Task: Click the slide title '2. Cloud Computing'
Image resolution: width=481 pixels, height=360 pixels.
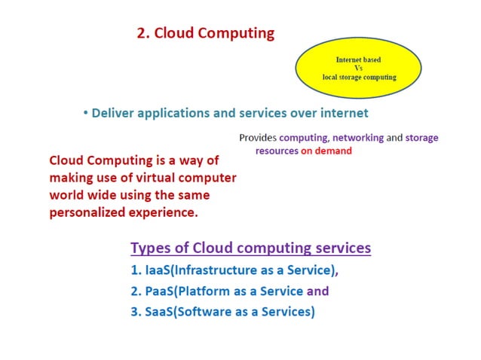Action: pyautogui.click(x=205, y=34)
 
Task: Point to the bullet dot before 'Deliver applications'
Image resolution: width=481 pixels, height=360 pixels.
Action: pyautogui.click(x=86, y=114)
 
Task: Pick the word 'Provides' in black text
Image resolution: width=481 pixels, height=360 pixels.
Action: pyautogui.click(x=258, y=138)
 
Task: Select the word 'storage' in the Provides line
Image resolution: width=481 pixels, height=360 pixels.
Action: pyautogui.click(x=421, y=138)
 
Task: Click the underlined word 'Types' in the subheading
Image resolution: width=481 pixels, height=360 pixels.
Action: pyautogui.click(x=149, y=248)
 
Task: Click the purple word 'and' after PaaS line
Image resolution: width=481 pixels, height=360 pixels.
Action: pyautogui.click(x=318, y=291)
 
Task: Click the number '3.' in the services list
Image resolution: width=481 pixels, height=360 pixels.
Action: pyautogui.click(x=136, y=312)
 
